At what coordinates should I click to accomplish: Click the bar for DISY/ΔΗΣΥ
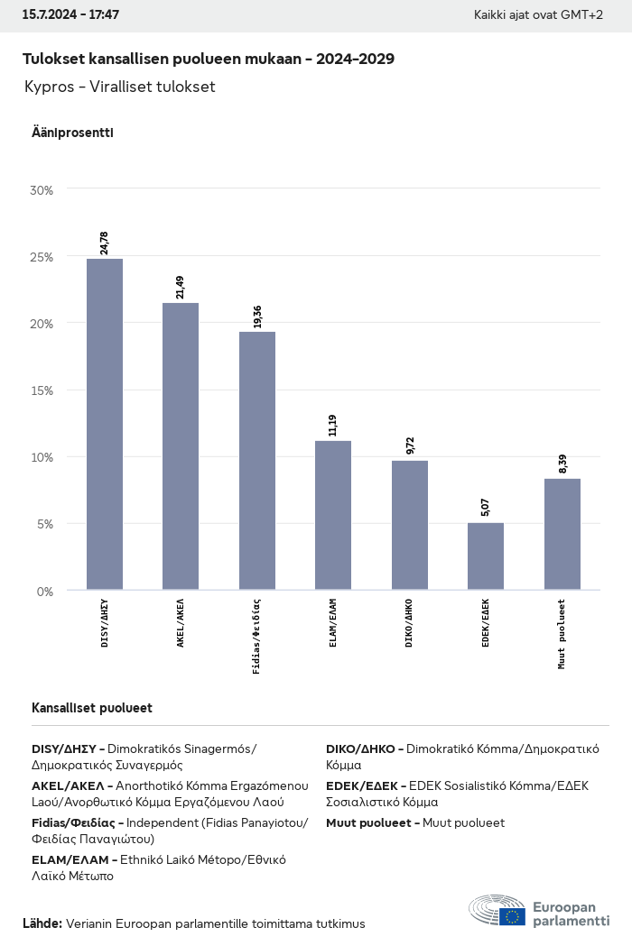point(105,424)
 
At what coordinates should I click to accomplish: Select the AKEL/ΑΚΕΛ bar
point(181,446)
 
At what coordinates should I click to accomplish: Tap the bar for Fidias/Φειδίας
point(257,461)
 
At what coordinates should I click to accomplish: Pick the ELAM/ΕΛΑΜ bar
point(333,515)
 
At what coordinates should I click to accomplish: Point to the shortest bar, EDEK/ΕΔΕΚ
point(486,556)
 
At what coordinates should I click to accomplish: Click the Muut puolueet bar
point(562,534)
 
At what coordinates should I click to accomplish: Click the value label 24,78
point(105,243)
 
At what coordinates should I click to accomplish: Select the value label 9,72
point(410,445)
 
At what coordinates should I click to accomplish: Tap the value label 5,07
point(486,507)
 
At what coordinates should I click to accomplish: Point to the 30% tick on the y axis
point(42,190)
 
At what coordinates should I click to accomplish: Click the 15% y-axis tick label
point(42,390)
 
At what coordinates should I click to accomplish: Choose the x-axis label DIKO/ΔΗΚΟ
point(410,623)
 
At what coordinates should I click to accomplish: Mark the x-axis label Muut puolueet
point(562,633)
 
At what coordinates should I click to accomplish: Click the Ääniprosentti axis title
point(72,133)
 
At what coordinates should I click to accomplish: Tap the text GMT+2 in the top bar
point(582,15)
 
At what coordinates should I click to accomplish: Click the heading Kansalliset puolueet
point(92,708)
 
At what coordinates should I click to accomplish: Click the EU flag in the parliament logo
point(514,916)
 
